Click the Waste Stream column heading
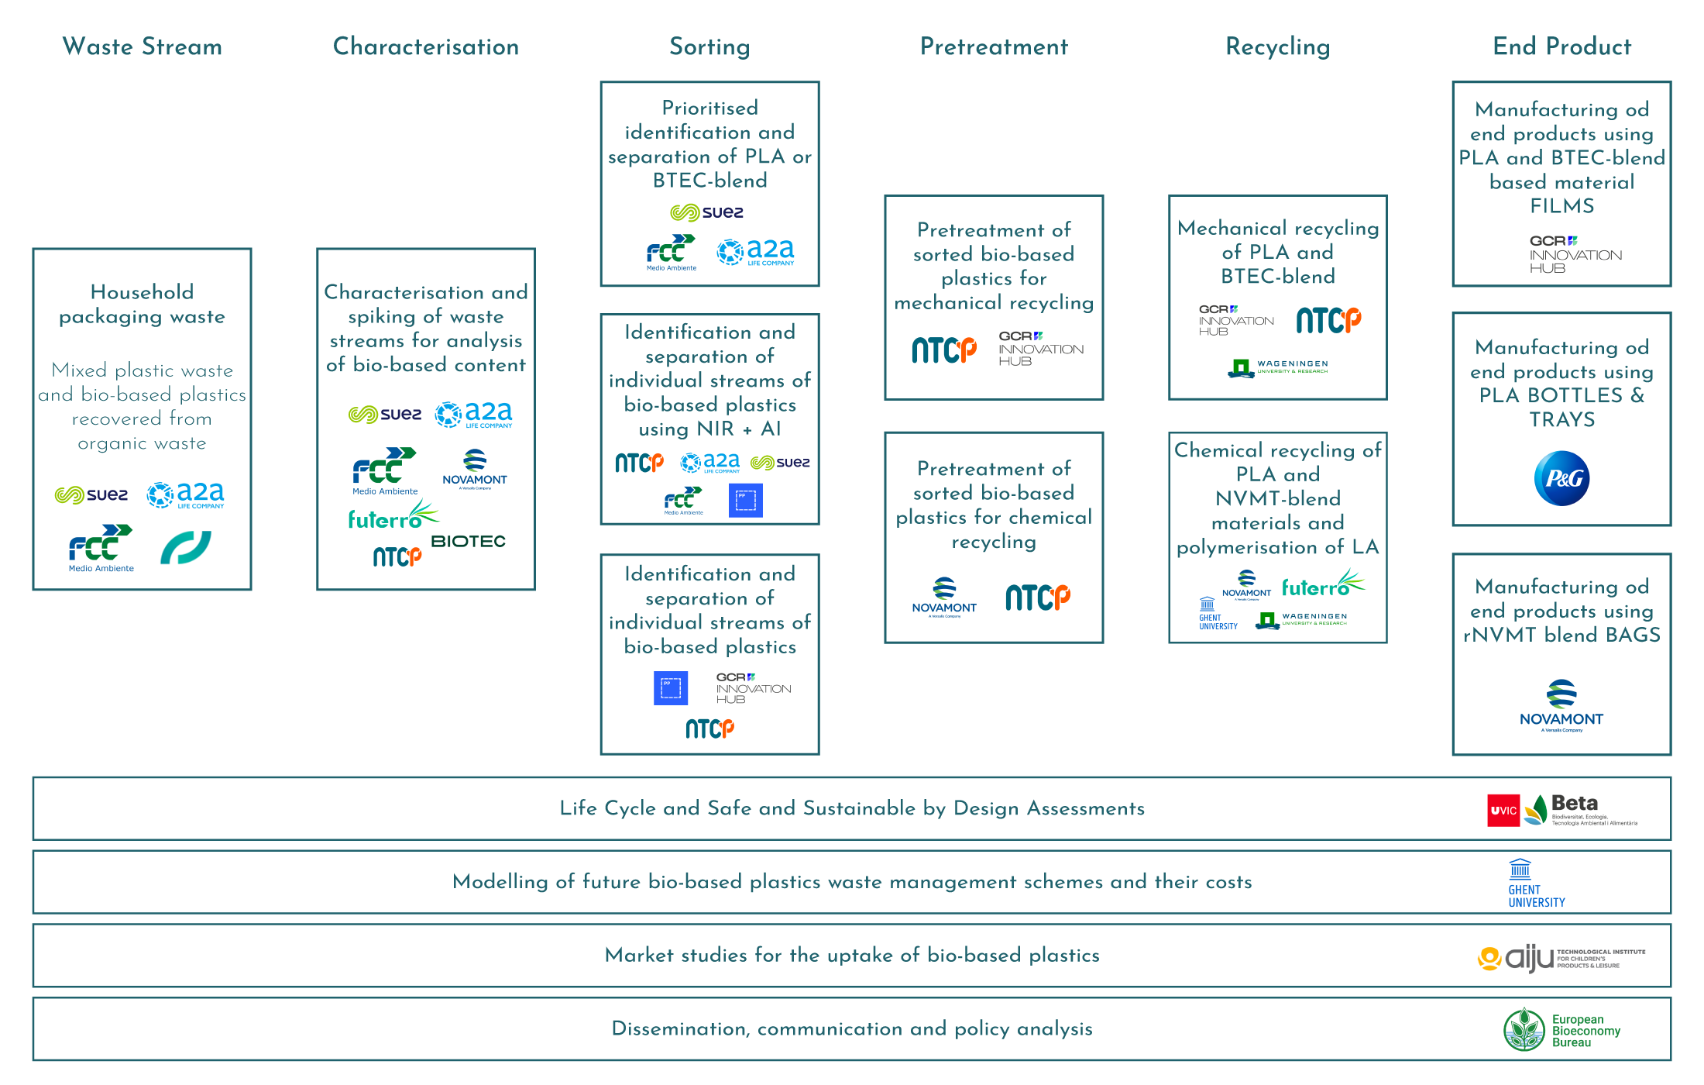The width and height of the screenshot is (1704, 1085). coord(142,46)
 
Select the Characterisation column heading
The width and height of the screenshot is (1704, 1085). coord(426,46)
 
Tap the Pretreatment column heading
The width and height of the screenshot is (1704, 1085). coord(994,46)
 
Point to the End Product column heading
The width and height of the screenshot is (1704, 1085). coord(1561,46)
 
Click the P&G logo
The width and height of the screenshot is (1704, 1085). coord(1561,478)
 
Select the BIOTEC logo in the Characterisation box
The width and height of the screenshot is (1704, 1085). coord(468,541)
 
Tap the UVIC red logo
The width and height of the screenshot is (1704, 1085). coord(1503,811)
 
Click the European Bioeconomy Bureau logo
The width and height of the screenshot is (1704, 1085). coord(1561,1030)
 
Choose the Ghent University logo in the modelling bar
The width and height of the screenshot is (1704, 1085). coord(1535,883)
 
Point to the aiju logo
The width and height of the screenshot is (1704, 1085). coord(1560,959)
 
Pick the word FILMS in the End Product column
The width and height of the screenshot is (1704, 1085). coord(1561,206)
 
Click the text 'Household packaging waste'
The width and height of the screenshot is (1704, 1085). coord(142,304)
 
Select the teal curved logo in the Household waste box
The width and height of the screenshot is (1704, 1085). coord(185,548)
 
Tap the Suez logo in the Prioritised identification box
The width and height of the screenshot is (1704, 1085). coord(706,212)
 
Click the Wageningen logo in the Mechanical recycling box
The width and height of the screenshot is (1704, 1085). coord(1278,367)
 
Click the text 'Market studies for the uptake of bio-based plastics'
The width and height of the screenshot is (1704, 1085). coord(852,955)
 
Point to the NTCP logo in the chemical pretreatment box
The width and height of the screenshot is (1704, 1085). coord(1037,597)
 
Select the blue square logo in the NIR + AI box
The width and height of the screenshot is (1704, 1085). coord(745,500)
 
